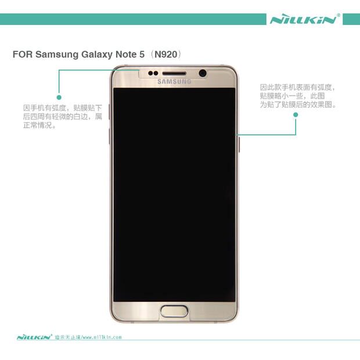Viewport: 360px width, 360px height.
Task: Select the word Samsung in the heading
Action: [x=55, y=55]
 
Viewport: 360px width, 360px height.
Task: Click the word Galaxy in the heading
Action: [x=97, y=55]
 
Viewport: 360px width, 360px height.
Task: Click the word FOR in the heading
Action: [x=22, y=55]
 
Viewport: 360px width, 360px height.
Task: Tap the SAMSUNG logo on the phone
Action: [x=174, y=81]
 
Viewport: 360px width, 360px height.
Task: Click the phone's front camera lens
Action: [x=203, y=73]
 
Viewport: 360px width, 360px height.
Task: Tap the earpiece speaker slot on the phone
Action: [x=174, y=74]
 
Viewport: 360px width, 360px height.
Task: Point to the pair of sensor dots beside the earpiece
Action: [x=154, y=74]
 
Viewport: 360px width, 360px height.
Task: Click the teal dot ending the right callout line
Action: [x=296, y=114]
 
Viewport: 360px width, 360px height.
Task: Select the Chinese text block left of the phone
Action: [x=63, y=117]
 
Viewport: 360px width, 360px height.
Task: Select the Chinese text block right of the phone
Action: [x=297, y=96]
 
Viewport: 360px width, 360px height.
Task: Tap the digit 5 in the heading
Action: [x=142, y=55]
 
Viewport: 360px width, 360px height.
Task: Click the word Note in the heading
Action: [x=127, y=55]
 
